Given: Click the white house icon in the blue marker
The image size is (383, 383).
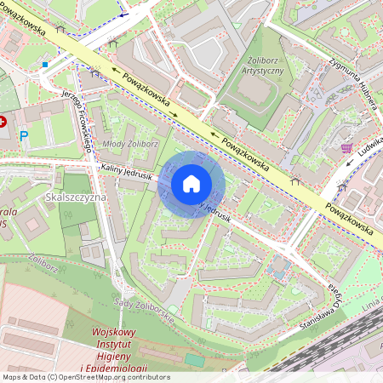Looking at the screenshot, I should click(x=191, y=184).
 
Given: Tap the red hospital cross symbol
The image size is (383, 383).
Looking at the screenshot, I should click(x=8, y=123).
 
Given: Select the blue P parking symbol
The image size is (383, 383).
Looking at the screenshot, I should click(x=24, y=135).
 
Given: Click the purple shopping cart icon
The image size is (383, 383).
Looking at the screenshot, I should click(x=346, y=148).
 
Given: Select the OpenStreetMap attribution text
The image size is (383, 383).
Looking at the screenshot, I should click(x=85, y=377).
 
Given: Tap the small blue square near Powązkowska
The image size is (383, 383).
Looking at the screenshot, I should click(x=44, y=64).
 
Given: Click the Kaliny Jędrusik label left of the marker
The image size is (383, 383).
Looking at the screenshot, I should click(x=126, y=174).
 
